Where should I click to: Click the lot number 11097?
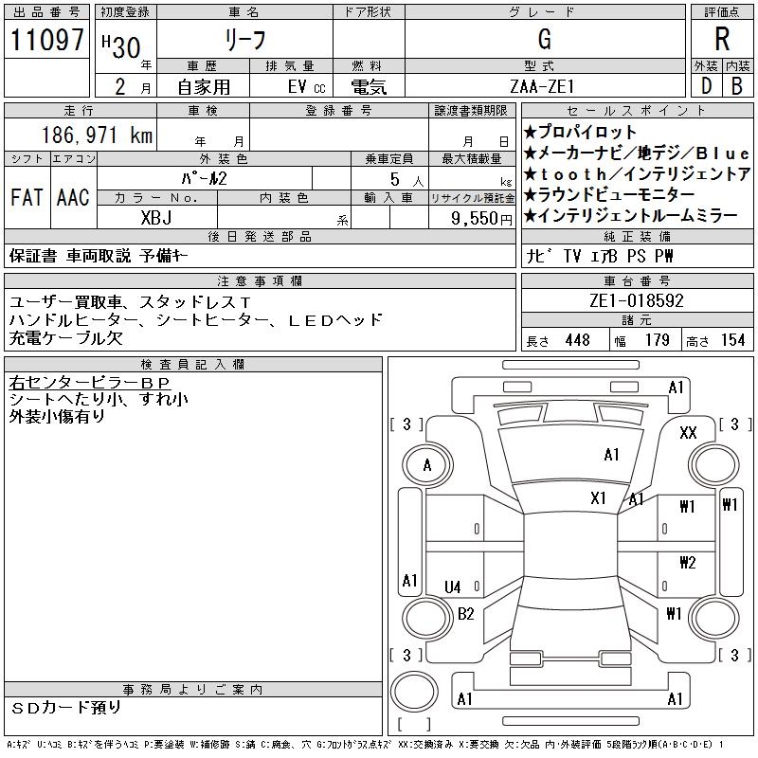[46, 41]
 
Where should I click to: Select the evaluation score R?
[722, 40]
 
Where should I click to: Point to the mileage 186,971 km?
[96, 136]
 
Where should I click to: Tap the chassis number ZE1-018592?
[636, 301]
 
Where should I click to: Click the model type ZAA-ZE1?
[544, 86]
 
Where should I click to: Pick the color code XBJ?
[156, 217]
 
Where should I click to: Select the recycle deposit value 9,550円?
[483, 218]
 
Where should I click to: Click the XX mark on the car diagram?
[689, 433]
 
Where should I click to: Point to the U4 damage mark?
[453, 587]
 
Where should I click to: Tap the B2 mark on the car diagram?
[465, 614]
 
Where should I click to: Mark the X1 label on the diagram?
[598, 498]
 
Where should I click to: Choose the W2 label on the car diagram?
[688, 563]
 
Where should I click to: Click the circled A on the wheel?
[427, 465]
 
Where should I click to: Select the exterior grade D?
[706, 86]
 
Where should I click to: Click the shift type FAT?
[27, 197]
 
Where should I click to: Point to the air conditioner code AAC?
[72, 197]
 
